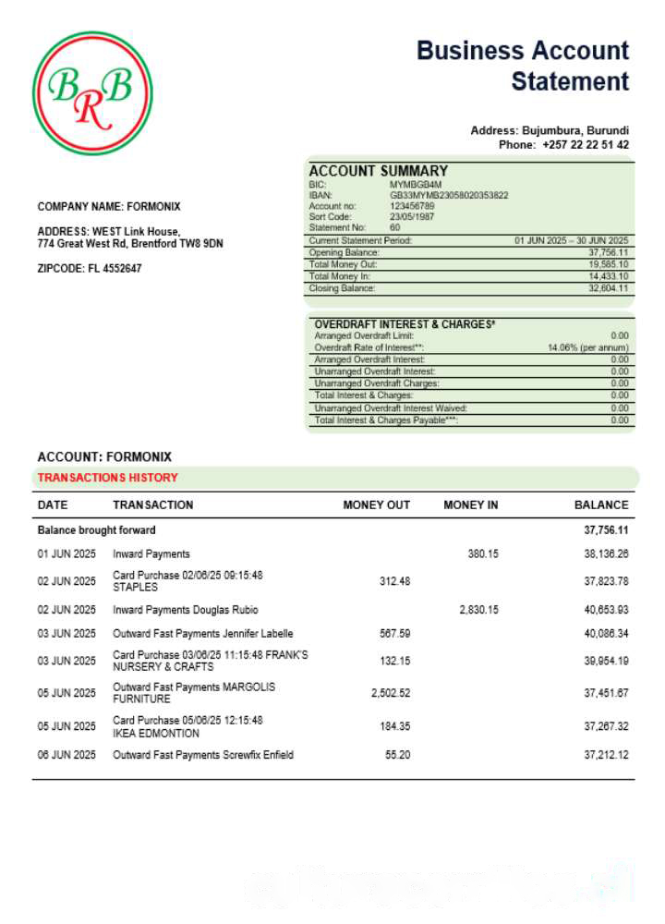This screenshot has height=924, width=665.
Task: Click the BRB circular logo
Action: (92, 93)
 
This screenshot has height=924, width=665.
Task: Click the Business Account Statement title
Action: (523, 66)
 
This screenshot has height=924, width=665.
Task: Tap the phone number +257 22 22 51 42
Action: (586, 145)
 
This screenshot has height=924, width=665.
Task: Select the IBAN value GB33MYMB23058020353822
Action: (449, 195)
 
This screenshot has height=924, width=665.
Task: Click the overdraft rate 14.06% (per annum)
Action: (587, 347)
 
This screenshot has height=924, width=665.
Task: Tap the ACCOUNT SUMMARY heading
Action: (378, 171)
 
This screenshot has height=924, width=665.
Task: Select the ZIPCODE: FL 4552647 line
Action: (90, 269)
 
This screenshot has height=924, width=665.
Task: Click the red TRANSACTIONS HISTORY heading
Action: (107, 478)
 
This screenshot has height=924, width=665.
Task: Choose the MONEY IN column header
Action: (470, 505)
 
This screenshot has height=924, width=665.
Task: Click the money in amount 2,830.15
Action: (478, 610)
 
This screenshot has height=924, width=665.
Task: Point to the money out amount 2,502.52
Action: (391, 693)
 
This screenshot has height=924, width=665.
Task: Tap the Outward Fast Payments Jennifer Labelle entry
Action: (203, 634)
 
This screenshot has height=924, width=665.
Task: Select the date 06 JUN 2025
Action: (66, 756)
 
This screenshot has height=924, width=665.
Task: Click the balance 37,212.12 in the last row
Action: (606, 756)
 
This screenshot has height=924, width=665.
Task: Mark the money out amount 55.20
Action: (397, 756)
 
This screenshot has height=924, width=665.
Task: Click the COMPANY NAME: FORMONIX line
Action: (109, 207)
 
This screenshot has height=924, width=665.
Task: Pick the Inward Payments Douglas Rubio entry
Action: (186, 610)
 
